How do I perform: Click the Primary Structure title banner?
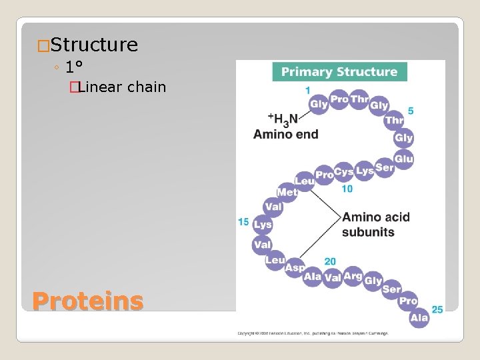[x=339, y=72]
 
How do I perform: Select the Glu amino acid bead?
[x=404, y=158]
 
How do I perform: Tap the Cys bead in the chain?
[x=344, y=173]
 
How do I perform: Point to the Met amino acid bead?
[x=287, y=192]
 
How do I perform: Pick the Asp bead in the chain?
[x=295, y=267]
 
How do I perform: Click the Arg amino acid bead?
[x=353, y=277]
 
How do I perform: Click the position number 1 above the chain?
[x=307, y=90]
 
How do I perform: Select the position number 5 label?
[x=411, y=111]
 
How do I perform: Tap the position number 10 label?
[x=347, y=189]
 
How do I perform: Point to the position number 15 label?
[x=243, y=221]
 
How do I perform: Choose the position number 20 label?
[x=330, y=261]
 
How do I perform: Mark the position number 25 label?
[x=437, y=309]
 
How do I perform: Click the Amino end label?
[x=285, y=134]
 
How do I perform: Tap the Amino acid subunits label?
[x=375, y=225]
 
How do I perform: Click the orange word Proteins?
[x=87, y=301]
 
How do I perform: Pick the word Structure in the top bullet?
[x=94, y=45]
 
